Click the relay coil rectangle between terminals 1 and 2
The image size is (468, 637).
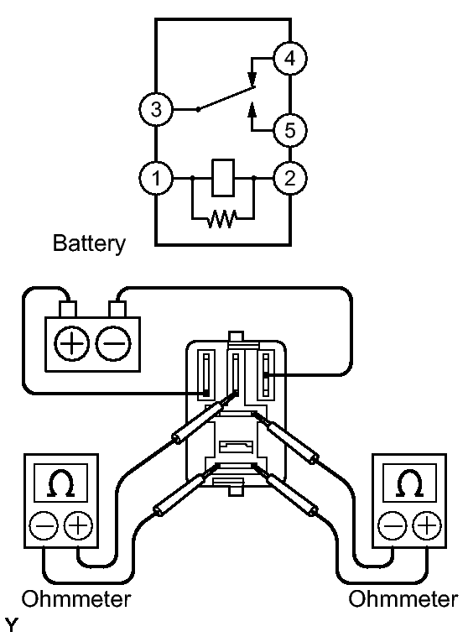[223, 178]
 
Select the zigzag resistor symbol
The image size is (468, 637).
[221, 219]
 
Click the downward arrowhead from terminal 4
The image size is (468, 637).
[252, 79]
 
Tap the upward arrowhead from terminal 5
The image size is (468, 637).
[252, 109]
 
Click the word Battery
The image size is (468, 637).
[89, 243]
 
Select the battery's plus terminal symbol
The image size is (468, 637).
[71, 344]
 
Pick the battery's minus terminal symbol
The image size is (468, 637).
[113, 344]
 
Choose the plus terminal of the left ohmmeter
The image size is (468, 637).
[79, 526]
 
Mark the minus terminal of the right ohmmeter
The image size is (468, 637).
[393, 526]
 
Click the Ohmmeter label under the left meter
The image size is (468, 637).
[76, 599]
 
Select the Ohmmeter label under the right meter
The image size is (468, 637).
[403, 599]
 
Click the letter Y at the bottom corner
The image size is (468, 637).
[12, 624]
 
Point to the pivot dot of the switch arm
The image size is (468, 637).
[198, 110]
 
